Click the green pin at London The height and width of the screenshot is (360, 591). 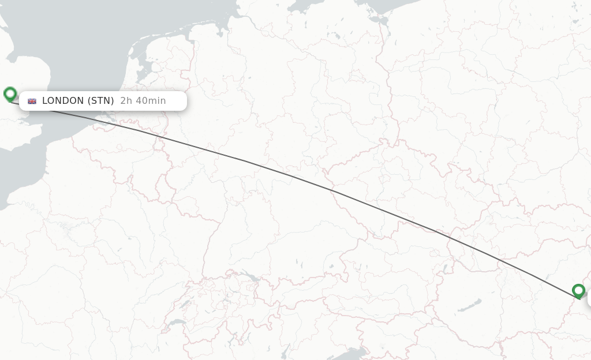click(10, 93)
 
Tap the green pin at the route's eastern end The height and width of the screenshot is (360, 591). click(578, 290)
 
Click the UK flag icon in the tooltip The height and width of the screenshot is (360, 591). click(32, 101)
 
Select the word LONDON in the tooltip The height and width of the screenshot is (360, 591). click(63, 101)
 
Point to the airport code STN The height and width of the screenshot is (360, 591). click(101, 101)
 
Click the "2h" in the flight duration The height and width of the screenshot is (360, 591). click(125, 101)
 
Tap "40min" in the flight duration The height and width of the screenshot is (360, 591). click(152, 101)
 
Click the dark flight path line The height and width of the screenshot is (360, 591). click(289, 175)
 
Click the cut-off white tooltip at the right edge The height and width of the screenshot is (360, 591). click(589, 299)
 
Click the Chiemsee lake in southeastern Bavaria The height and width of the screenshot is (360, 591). click(331, 266)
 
